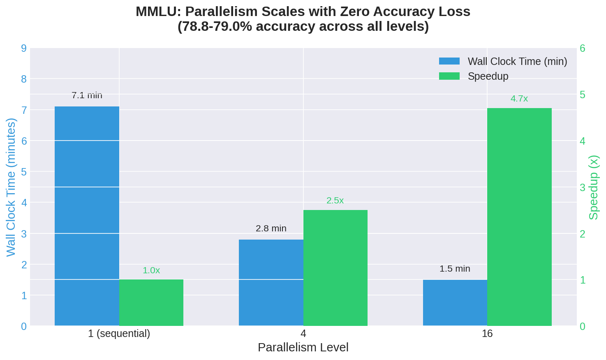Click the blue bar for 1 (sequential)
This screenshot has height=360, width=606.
tap(87, 216)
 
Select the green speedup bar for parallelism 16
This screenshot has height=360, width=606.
tap(519, 217)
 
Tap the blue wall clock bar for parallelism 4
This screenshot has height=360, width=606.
tap(271, 282)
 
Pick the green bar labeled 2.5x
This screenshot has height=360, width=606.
tap(335, 268)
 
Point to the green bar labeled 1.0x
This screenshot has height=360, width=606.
tap(151, 302)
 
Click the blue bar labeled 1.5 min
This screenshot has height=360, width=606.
tap(455, 302)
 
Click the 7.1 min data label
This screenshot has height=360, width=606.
tap(87, 95)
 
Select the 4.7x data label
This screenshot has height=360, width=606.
tap(519, 99)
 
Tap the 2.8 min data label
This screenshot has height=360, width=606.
tap(271, 228)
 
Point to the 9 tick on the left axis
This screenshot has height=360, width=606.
tap(24, 48)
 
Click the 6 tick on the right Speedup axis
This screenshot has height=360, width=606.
tap(582, 48)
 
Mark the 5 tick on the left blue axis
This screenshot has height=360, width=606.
tap(24, 172)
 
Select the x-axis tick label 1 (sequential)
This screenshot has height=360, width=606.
tap(119, 333)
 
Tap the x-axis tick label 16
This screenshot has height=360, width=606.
tap(487, 333)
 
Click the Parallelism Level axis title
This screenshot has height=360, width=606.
tap(303, 347)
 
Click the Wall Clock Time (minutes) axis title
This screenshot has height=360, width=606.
tap(11, 187)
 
